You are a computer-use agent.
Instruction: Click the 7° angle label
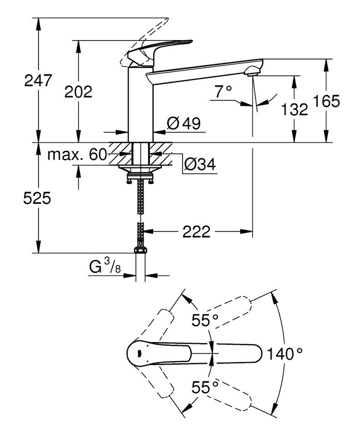pos(223,91)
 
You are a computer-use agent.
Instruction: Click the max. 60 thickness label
pos(77,154)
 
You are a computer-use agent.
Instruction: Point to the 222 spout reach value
pos(196,232)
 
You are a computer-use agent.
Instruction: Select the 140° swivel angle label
pos(284,353)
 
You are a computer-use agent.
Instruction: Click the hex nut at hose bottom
pos(140,251)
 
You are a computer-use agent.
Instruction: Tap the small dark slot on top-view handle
pos(139,353)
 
